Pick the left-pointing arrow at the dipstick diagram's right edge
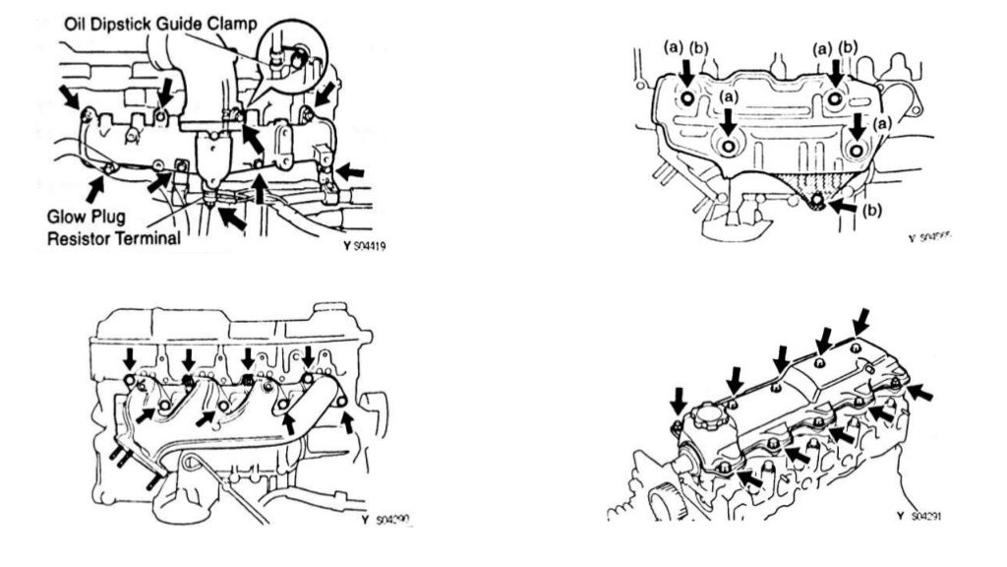351,173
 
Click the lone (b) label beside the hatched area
870,210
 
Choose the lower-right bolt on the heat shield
857,149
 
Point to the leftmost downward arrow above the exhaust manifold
129,357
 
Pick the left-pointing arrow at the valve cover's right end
920,394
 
